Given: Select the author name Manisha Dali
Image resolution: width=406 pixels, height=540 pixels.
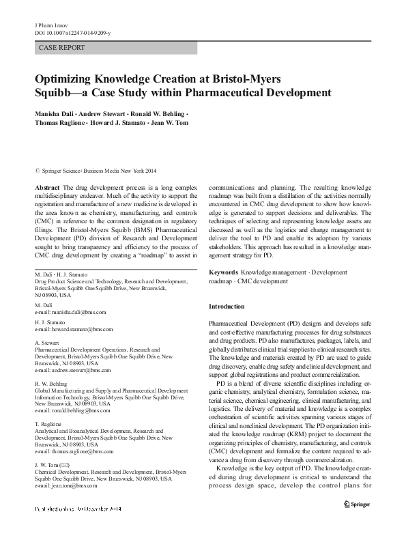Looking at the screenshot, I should coord(55,111).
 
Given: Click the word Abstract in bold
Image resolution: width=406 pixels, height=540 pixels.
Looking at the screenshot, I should coord(46,186).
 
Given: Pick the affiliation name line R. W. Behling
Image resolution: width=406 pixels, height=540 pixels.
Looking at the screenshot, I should coord(50,383).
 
